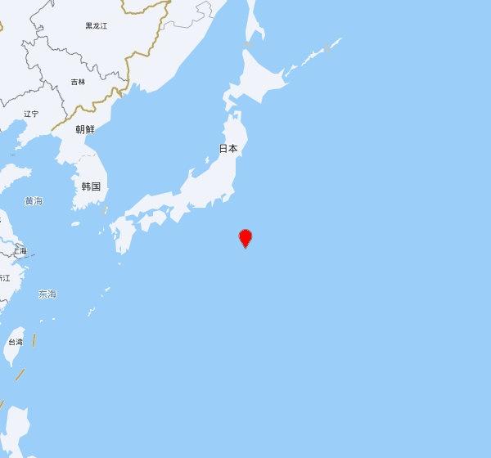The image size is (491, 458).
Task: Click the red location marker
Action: [x=245, y=238]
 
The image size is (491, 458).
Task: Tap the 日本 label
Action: [x=228, y=149]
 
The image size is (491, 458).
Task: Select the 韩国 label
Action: [x=90, y=186]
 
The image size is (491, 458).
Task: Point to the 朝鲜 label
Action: [x=85, y=129]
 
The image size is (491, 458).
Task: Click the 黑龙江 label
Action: [x=97, y=26]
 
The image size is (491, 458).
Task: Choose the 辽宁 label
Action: [x=31, y=114]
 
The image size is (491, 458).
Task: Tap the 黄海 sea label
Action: [x=34, y=200]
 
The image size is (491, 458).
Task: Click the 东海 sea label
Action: [x=47, y=294]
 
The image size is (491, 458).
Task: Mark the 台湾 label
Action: [x=16, y=342]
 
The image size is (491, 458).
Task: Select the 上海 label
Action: [x=19, y=250]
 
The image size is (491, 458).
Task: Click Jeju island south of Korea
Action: [x=75, y=223]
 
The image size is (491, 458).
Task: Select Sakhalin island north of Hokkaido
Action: [x=255, y=25]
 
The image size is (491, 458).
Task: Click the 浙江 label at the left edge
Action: [x=4, y=278]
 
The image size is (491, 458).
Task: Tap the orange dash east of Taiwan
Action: [x=34, y=339]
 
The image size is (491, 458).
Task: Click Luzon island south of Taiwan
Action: [x=17, y=425]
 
